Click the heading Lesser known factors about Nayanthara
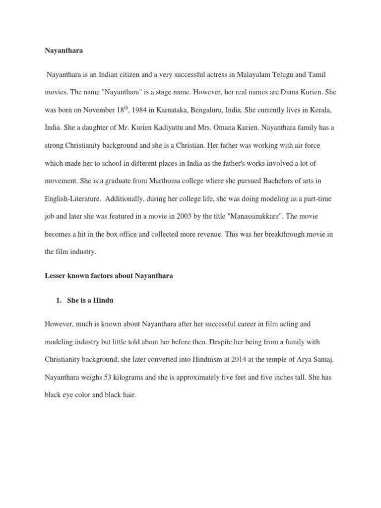(109, 276)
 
